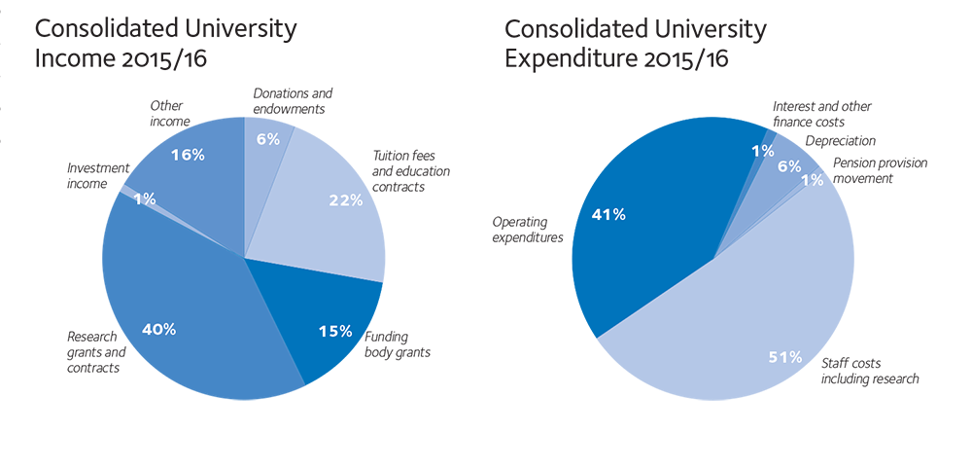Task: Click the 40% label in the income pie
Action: (x=158, y=329)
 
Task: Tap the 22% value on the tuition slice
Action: (x=346, y=200)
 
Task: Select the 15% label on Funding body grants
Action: (x=335, y=331)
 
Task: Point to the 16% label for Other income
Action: (x=187, y=154)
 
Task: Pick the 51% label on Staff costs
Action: (x=784, y=357)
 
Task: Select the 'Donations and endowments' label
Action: (x=293, y=101)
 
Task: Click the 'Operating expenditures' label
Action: (x=528, y=230)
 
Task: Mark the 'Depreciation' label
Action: (x=841, y=141)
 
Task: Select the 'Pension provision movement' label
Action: (x=881, y=170)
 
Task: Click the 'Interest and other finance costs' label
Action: (x=822, y=114)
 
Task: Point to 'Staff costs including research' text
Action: (x=870, y=371)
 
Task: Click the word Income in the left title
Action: (x=71, y=57)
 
